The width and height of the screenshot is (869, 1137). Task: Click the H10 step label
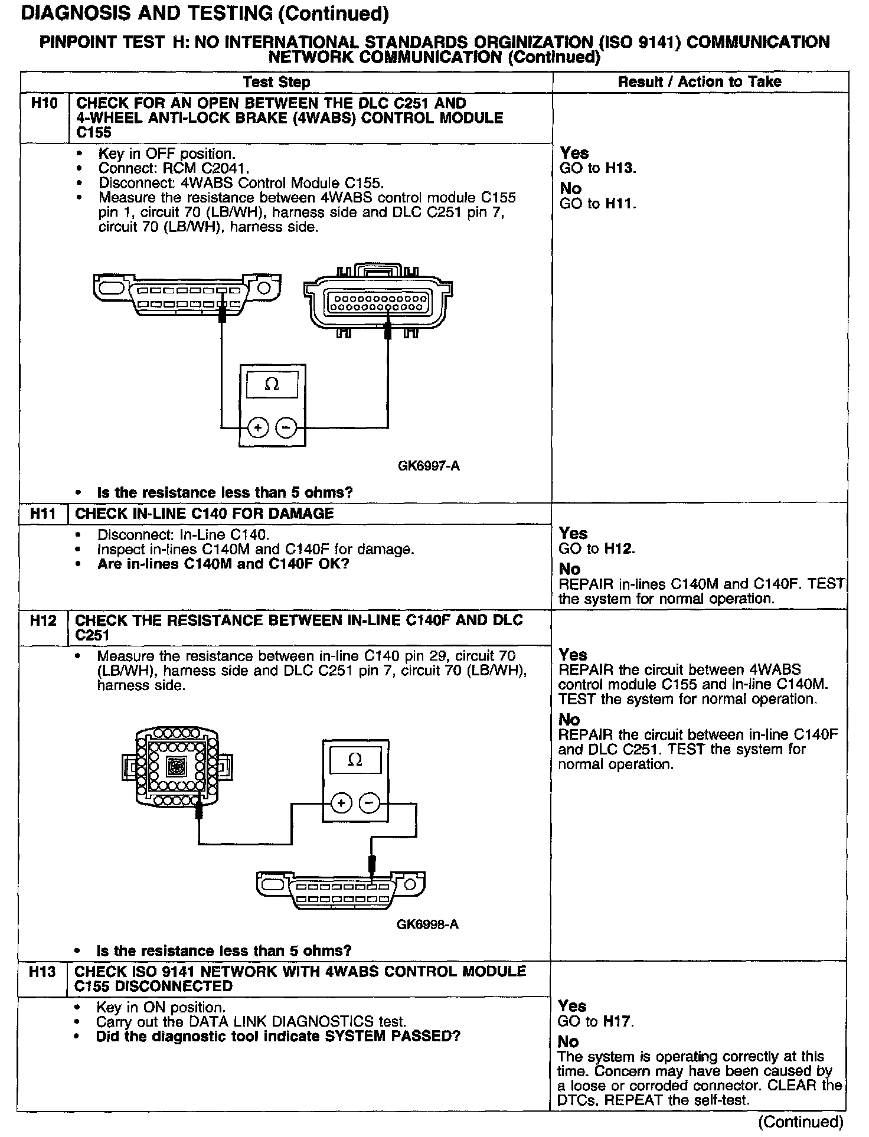(x=44, y=104)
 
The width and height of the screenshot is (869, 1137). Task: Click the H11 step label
(x=43, y=514)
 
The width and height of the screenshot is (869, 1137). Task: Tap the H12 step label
(x=43, y=620)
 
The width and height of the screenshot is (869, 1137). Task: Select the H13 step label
(x=42, y=972)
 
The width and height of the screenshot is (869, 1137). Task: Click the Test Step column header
(x=276, y=82)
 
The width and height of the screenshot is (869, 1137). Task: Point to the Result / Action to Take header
(x=700, y=82)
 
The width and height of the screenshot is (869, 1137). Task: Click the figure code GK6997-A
(x=429, y=466)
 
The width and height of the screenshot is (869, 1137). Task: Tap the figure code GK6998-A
(x=427, y=924)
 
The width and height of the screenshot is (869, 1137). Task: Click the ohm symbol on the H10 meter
(x=272, y=384)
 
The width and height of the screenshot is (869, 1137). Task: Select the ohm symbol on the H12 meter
(x=355, y=759)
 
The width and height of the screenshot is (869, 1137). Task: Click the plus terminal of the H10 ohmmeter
(x=257, y=427)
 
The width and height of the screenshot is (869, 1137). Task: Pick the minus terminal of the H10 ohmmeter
(x=286, y=427)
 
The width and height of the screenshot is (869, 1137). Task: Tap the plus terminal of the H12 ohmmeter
(x=341, y=803)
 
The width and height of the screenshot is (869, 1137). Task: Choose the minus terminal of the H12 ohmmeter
(x=370, y=803)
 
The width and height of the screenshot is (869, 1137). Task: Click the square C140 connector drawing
(x=177, y=767)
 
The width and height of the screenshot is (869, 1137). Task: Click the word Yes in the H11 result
(x=573, y=534)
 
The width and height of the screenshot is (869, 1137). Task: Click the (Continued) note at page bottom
(x=801, y=1122)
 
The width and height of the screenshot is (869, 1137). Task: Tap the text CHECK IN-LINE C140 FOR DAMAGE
(x=205, y=514)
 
